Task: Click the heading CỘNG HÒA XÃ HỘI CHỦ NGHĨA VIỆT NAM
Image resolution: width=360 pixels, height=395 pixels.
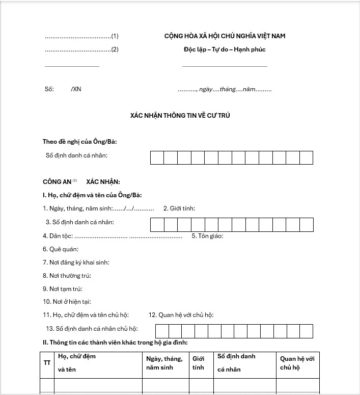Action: (x=225, y=36)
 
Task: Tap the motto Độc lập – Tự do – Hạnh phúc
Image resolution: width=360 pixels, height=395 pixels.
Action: (x=225, y=49)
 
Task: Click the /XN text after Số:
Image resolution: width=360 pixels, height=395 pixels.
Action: (x=76, y=89)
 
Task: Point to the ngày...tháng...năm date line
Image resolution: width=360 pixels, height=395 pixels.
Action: (x=225, y=89)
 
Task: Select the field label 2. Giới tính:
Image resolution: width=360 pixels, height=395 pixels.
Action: (x=179, y=208)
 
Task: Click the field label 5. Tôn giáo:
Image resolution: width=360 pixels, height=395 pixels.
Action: (x=207, y=236)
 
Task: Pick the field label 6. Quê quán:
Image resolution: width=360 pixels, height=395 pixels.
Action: (x=61, y=249)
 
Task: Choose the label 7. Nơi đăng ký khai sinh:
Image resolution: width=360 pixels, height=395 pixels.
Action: (x=76, y=262)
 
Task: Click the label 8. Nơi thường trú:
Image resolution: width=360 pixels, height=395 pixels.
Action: (x=67, y=276)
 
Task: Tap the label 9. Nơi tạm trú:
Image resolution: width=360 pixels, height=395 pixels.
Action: (x=63, y=289)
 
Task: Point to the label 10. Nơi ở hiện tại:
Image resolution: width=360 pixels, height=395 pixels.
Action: (x=67, y=302)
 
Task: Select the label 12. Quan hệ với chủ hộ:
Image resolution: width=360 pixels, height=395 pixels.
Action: (x=181, y=315)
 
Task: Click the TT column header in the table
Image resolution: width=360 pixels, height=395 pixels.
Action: (x=47, y=362)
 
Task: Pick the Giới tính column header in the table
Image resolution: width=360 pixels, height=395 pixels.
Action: (x=198, y=362)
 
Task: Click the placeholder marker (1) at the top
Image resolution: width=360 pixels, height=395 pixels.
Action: (x=115, y=36)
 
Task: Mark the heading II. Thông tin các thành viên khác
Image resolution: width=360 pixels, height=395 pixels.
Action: (x=115, y=342)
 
